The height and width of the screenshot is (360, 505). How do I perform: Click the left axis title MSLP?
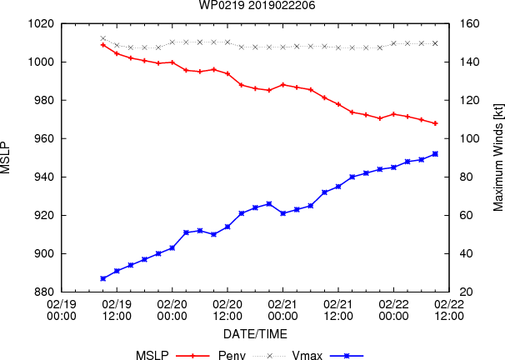7,157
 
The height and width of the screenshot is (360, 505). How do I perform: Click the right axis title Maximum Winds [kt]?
498,157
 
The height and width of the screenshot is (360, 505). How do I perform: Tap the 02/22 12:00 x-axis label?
450,310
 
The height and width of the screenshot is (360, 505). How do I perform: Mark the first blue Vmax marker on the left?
102,278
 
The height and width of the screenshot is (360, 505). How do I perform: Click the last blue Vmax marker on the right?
435,153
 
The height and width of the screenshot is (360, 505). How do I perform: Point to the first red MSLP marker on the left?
102,44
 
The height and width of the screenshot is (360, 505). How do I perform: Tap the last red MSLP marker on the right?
435,123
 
